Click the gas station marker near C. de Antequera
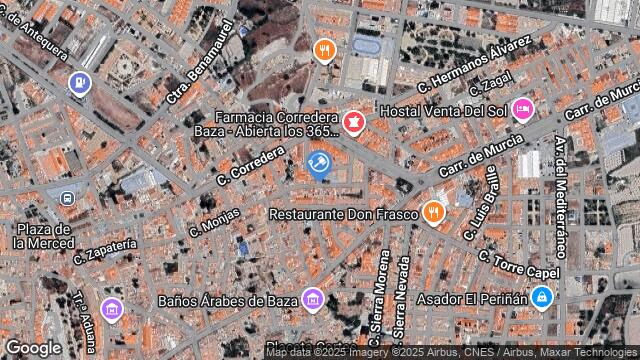(78, 83)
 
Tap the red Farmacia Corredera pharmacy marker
(353, 122)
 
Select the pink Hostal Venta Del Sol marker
(522, 109)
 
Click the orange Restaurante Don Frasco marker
(433, 211)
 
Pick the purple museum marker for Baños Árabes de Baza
(313, 298)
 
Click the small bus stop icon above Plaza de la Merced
(67, 198)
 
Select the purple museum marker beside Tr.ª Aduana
(110, 306)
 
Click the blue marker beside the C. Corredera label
(319, 163)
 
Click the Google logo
(33, 347)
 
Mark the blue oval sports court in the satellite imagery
(366, 46)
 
